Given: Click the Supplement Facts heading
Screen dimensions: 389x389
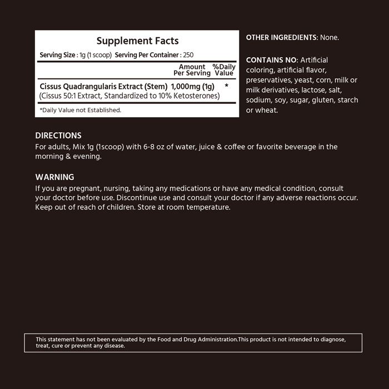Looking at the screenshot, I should click(137, 41).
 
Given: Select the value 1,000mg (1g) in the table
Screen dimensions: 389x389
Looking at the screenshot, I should click(193, 87).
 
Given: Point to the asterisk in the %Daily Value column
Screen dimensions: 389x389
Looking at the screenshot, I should click(227, 87).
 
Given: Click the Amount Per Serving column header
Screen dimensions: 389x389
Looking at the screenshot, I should click(192, 70).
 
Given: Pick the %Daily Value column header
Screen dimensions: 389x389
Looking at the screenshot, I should click(224, 70).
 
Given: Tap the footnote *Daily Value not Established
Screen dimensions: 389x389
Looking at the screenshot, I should click(81, 110).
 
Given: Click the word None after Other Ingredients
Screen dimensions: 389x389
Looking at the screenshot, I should click(330, 38).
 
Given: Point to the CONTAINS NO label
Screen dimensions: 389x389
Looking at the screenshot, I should click(272, 60).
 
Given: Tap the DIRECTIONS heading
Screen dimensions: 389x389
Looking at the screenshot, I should click(58, 136).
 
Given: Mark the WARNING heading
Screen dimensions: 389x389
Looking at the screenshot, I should click(54, 177).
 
